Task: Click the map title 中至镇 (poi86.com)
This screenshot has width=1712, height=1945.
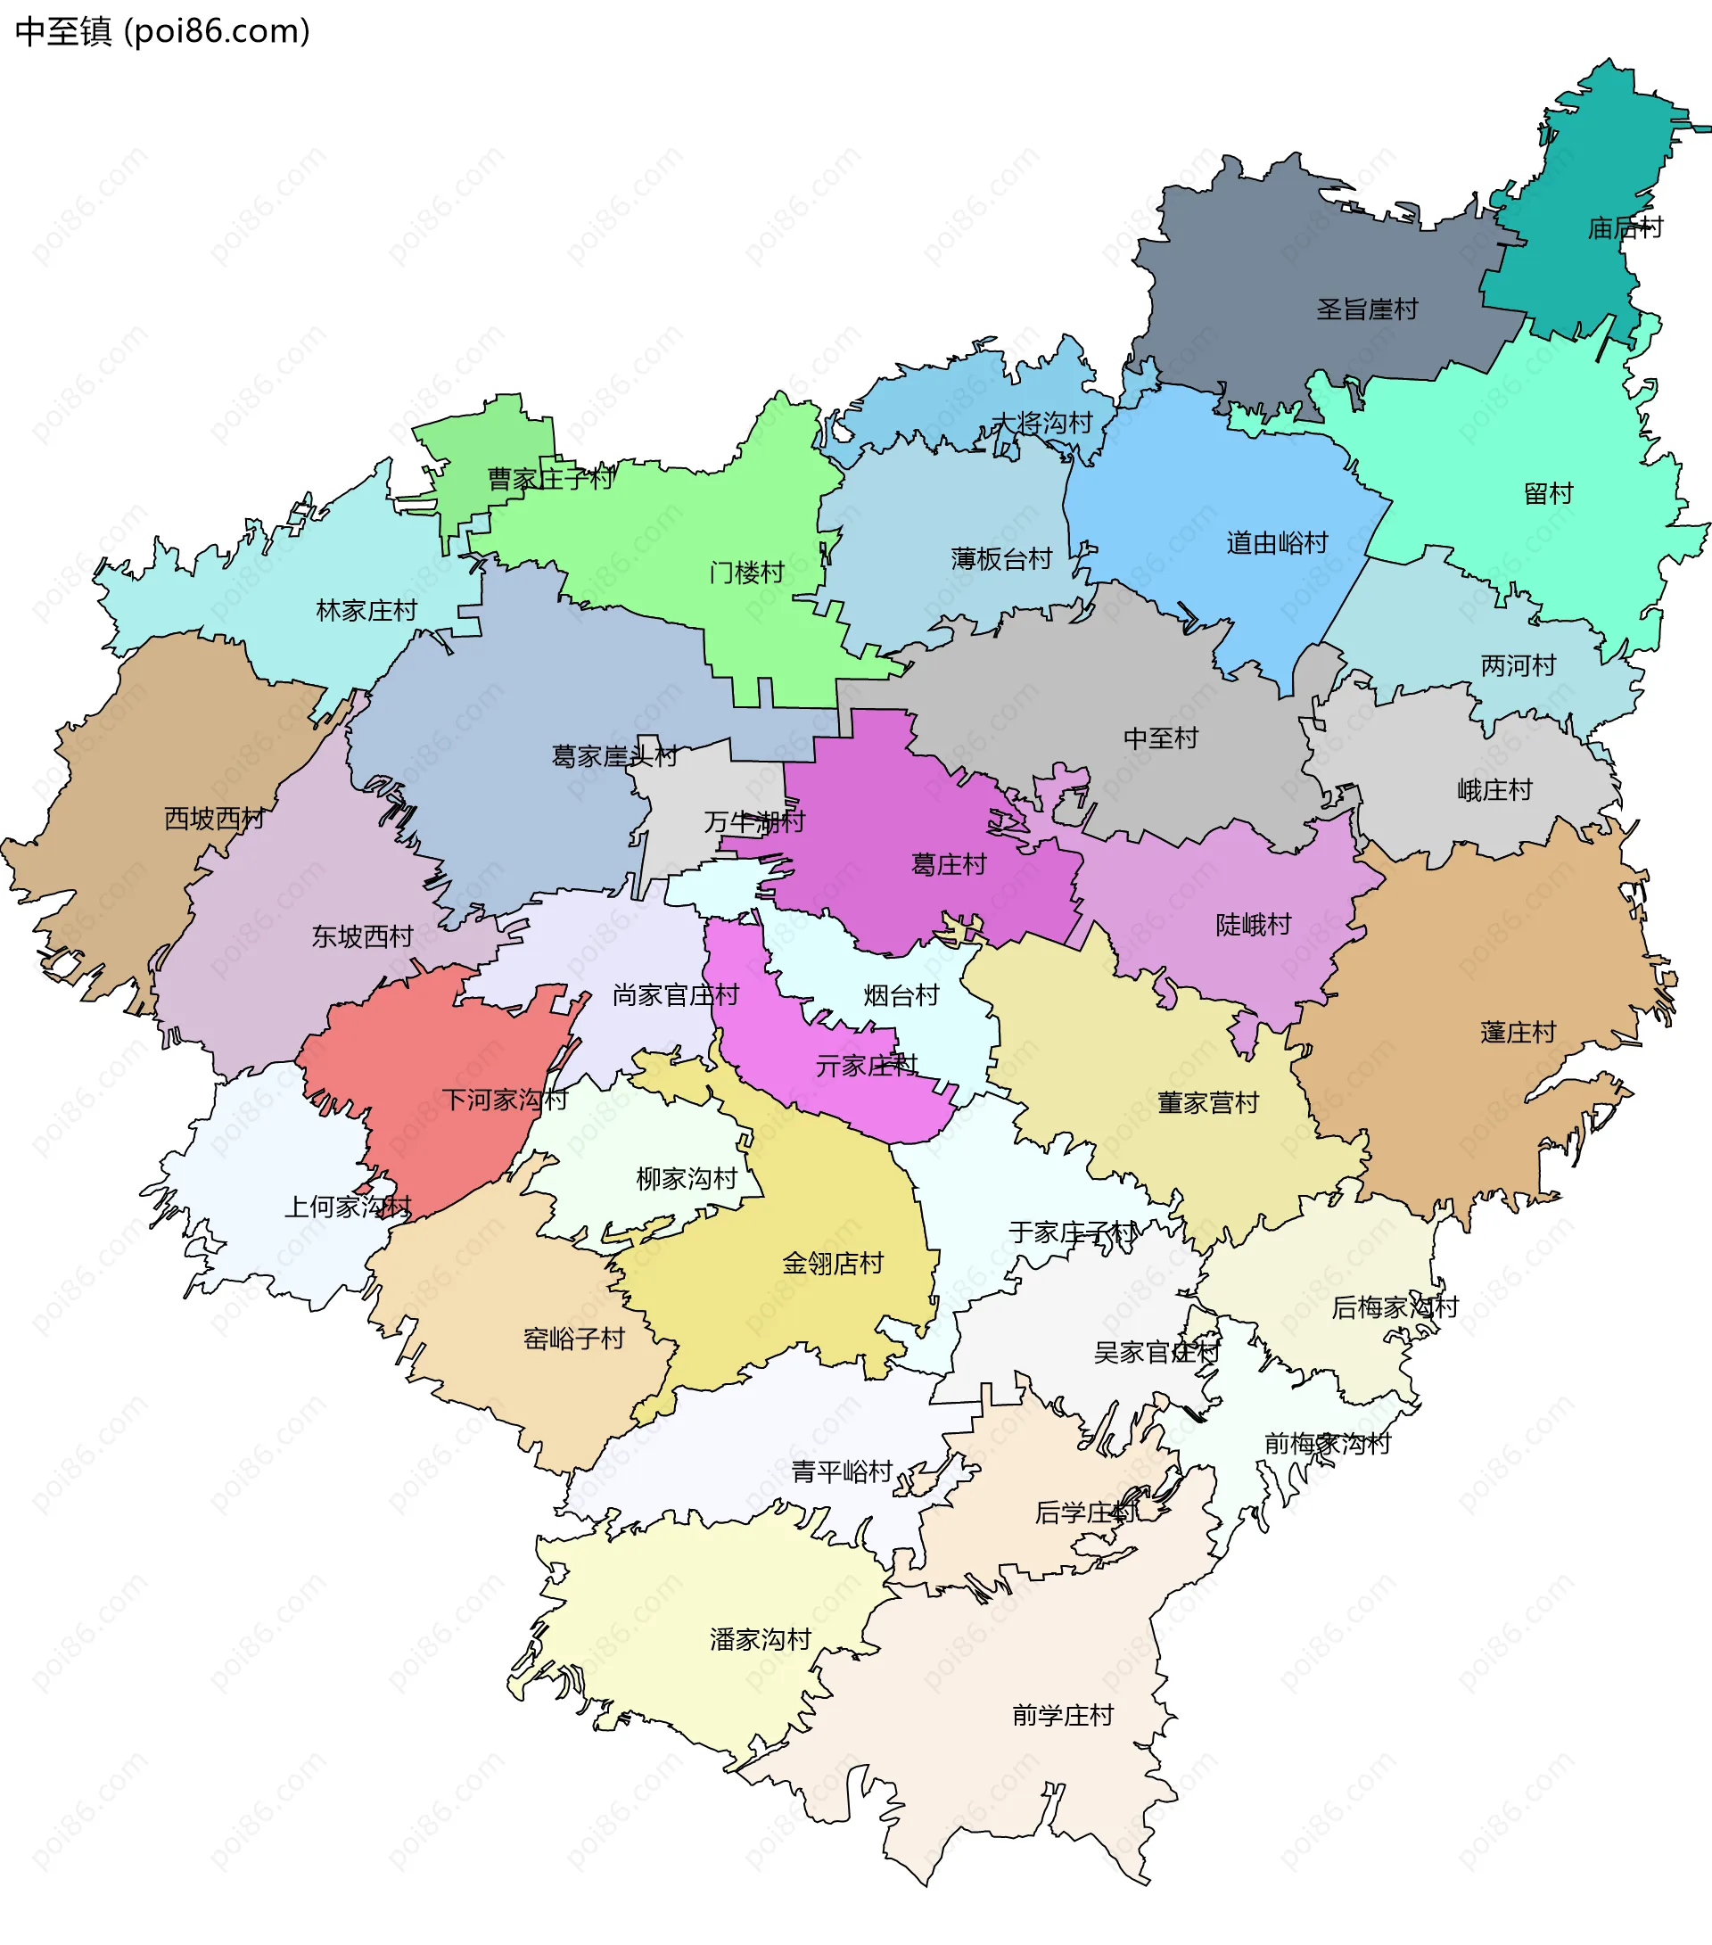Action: click(161, 32)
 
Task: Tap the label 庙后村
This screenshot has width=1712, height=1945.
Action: click(1626, 228)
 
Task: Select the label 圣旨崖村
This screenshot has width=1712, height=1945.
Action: click(1367, 309)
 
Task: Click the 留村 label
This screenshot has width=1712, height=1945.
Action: click(1548, 494)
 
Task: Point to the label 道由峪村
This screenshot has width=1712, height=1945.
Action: click(1276, 543)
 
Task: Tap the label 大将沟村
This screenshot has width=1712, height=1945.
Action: click(1041, 423)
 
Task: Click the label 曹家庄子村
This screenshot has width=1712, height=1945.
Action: click(550, 479)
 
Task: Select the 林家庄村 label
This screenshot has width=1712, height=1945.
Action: click(366, 611)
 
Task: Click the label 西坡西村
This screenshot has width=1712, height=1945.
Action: click(214, 819)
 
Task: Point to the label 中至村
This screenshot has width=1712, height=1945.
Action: click(1160, 738)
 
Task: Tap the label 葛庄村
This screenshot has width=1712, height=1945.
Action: click(949, 865)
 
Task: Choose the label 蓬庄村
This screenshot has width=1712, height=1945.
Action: click(1518, 1033)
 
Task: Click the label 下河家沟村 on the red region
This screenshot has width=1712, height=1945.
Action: click(505, 1100)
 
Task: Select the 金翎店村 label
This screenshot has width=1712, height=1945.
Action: click(833, 1264)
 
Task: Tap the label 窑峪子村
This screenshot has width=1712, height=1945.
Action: click(574, 1339)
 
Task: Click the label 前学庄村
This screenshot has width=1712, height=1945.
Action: click(1062, 1716)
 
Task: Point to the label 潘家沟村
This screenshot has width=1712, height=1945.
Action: click(761, 1639)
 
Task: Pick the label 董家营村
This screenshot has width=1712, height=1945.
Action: click(1207, 1103)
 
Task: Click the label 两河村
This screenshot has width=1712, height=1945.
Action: click(1518, 666)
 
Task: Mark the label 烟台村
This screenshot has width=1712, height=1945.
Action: click(901, 996)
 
